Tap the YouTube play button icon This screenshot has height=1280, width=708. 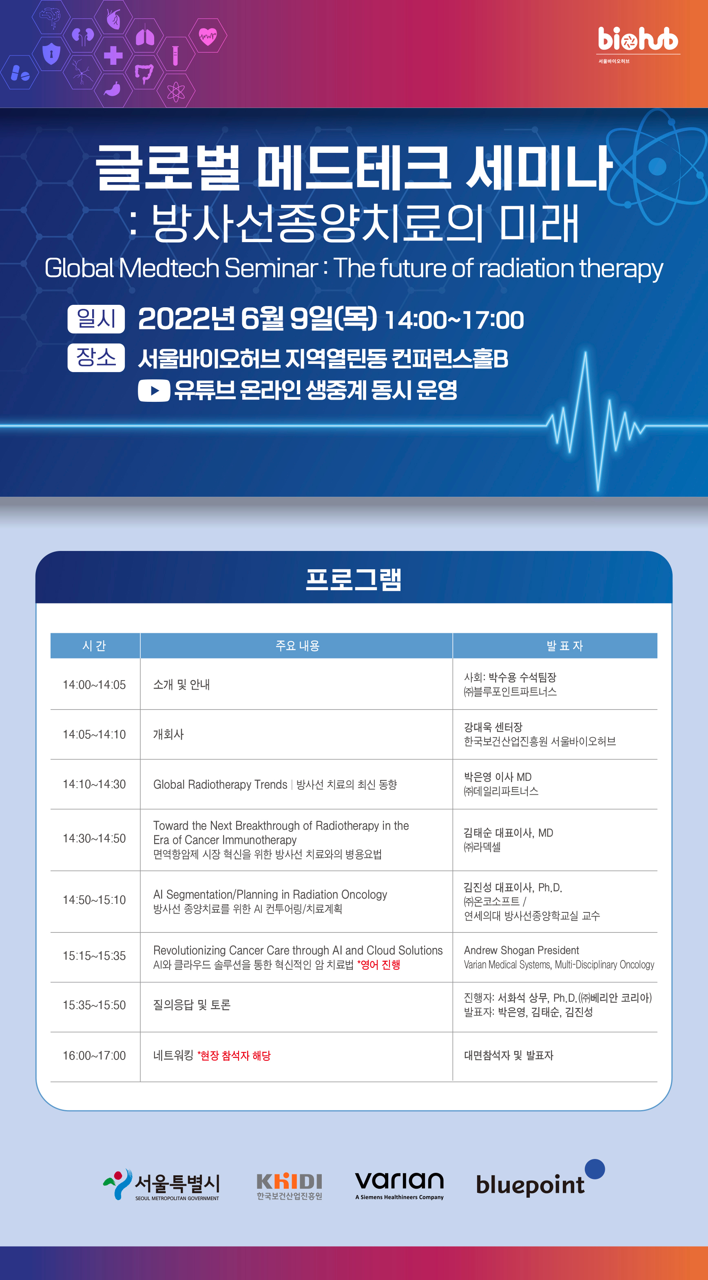coord(154,390)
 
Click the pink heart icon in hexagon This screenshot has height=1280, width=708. coord(208,36)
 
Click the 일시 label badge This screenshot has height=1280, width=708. coord(96,319)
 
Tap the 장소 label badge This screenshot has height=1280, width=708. coord(96,357)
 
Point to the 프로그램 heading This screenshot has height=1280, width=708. coord(354,579)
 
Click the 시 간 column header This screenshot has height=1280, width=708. coord(95,646)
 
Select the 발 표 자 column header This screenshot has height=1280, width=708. coord(564,646)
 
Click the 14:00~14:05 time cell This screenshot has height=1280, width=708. coord(95,685)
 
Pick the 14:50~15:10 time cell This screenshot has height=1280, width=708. coord(95,900)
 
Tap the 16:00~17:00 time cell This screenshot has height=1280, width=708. coord(95,1055)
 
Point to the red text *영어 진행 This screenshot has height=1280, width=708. coord(379,965)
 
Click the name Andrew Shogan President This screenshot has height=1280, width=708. coord(521,950)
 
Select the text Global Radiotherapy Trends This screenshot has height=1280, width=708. coord(220,784)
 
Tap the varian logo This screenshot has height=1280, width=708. coord(399,1185)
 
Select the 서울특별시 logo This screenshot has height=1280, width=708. coord(162,1185)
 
